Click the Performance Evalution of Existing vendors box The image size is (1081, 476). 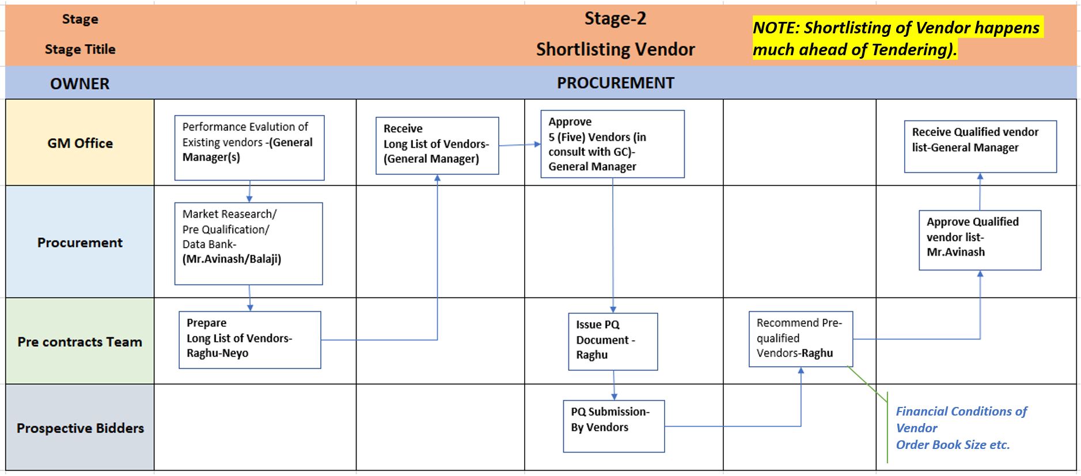(x=249, y=147)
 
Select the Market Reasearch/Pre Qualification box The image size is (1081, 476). (x=248, y=243)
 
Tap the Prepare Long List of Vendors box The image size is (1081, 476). (x=249, y=340)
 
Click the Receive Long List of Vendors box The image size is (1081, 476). (x=437, y=145)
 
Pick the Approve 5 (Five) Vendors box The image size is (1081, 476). (x=612, y=144)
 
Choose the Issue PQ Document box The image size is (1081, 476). (x=612, y=341)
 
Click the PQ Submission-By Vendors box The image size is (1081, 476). (x=613, y=426)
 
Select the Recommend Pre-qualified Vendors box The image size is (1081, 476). (x=800, y=338)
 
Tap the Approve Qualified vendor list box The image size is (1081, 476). (x=979, y=239)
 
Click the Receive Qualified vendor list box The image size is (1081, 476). (x=980, y=146)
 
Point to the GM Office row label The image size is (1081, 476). (x=80, y=143)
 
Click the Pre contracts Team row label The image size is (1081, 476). (x=80, y=341)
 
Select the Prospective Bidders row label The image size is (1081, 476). (x=80, y=428)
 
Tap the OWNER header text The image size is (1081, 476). (x=79, y=83)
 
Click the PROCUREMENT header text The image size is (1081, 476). (x=615, y=83)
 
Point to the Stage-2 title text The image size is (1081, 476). (x=615, y=18)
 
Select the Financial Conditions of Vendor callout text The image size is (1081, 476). (x=960, y=427)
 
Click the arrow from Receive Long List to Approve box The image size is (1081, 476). (x=519, y=144)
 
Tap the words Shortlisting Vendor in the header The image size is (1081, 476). (x=615, y=49)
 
